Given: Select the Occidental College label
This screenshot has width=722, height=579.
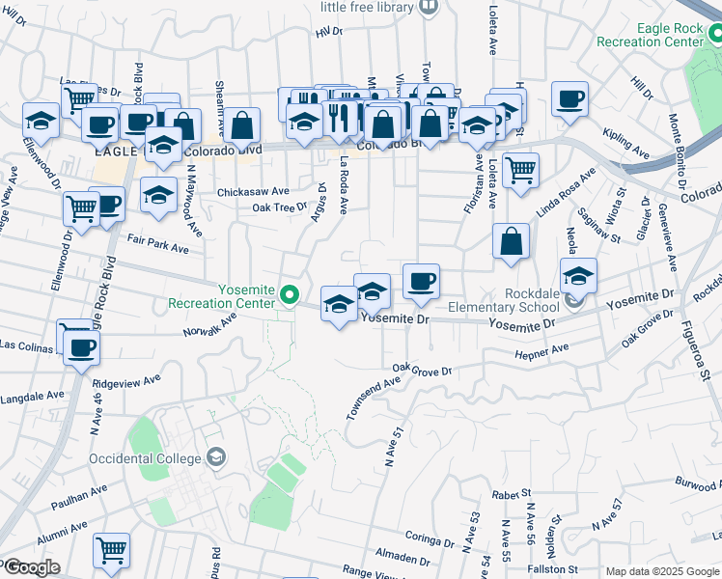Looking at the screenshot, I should pyautogui.click(x=145, y=457).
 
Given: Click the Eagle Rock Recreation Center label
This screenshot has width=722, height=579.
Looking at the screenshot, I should pyautogui.click(x=651, y=35).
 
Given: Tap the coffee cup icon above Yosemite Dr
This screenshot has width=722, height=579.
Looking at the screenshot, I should pyautogui.click(x=421, y=281).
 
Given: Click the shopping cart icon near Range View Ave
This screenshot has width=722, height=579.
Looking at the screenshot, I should pyautogui.click(x=111, y=550).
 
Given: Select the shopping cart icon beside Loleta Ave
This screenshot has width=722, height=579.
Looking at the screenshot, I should pyautogui.click(x=520, y=169).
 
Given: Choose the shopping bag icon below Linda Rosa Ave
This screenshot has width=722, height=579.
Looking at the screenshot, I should pyautogui.click(x=511, y=241).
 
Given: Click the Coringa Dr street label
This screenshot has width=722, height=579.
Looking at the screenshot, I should pyautogui.click(x=430, y=537).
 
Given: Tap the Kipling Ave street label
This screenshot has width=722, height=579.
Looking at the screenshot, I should pyautogui.click(x=624, y=141).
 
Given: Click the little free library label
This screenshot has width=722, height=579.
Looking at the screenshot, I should pyautogui.click(x=367, y=7).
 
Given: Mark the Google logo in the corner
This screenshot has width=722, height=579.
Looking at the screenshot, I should pyautogui.click(x=32, y=567).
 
